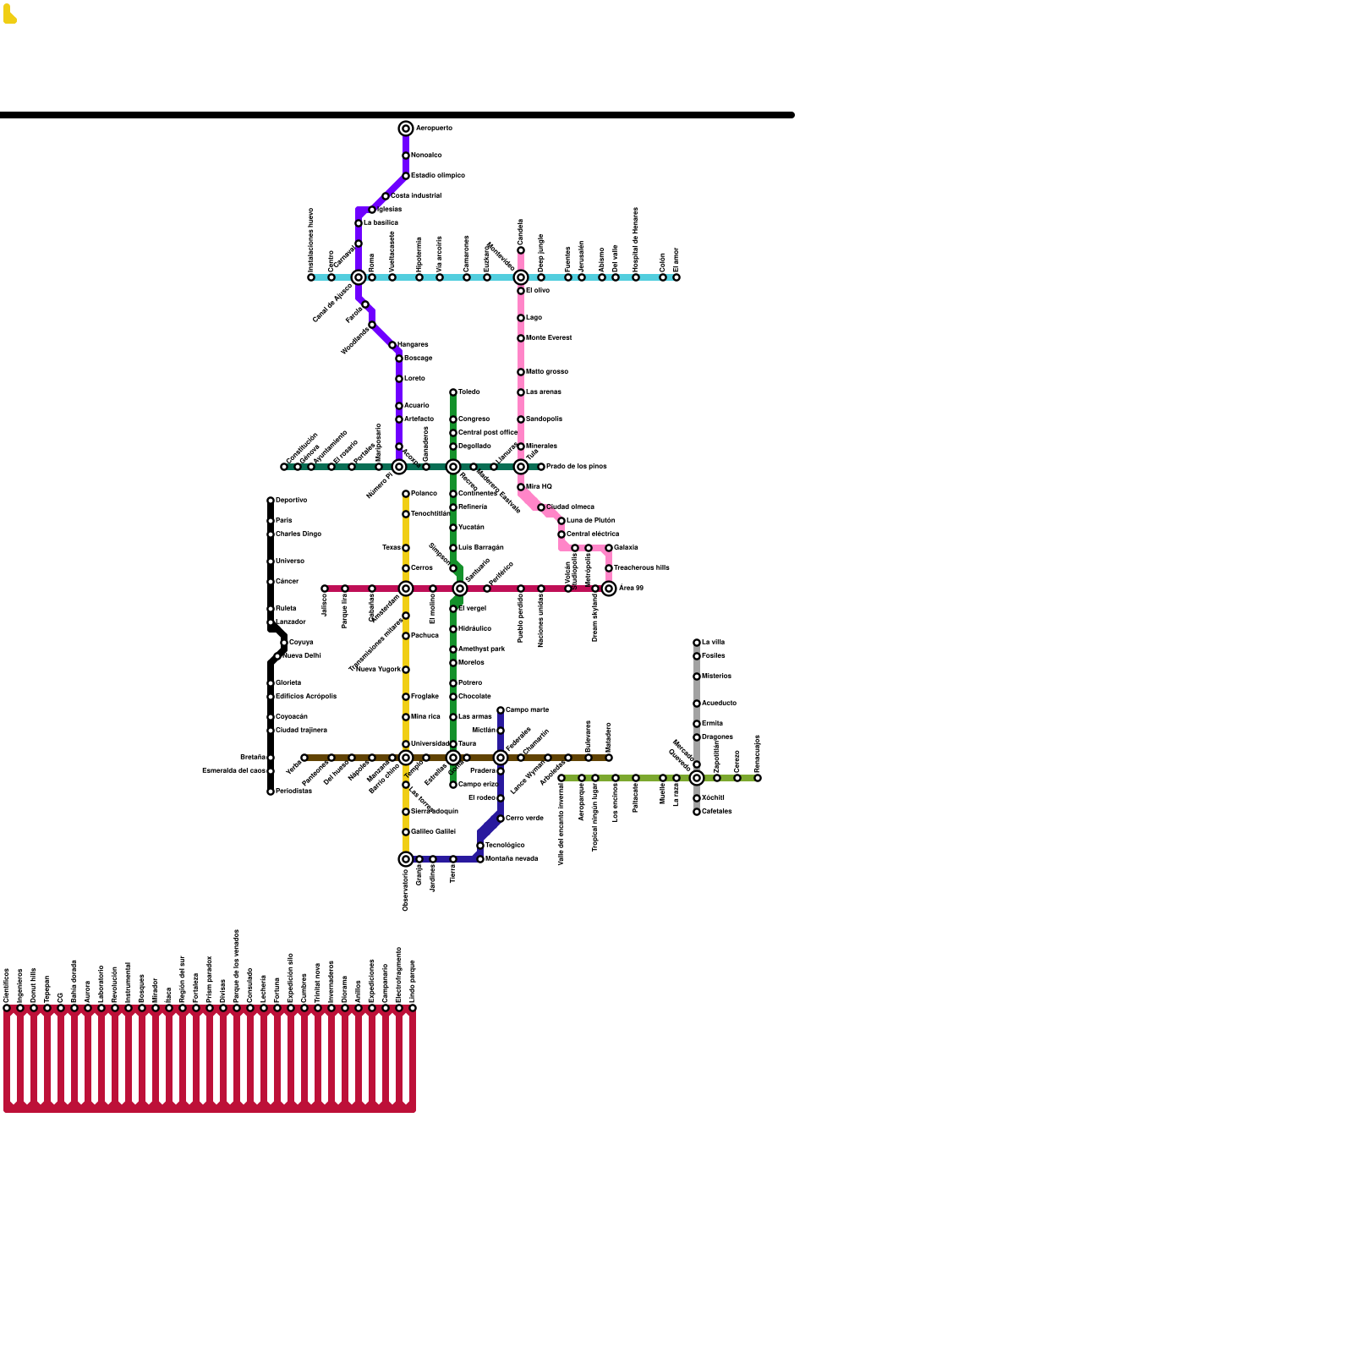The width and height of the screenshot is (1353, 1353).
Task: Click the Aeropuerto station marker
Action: (x=406, y=129)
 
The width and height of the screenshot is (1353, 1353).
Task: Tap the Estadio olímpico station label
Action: (x=438, y=176)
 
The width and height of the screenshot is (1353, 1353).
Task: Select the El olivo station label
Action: (x=538, y=291)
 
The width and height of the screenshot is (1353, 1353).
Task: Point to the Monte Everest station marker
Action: (x=521, y=338)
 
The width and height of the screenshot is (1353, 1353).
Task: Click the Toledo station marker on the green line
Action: (x=453, y=392)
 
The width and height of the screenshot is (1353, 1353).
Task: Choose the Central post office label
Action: (x=488, y=433)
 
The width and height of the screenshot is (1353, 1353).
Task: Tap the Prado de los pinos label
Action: (x=577, y=467)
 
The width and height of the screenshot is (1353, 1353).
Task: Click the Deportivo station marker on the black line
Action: (x=271, y=501)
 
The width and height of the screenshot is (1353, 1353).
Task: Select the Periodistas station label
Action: (x=293, y=792)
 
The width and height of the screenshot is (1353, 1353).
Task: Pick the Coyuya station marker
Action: (x=284, y=643)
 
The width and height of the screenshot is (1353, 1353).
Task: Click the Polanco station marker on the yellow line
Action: (x=406, y=494)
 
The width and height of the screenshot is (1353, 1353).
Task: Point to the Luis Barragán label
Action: (x=481, y=548)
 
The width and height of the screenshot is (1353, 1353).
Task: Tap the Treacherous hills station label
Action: (x=642, y=568)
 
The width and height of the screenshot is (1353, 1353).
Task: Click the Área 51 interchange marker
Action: (x=609, y=589)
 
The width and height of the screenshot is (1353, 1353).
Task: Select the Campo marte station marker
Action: (x=501, y=710)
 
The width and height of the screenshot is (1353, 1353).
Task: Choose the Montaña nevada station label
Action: (x=512, y=859)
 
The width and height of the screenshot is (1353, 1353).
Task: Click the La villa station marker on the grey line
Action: (x=697, y=643)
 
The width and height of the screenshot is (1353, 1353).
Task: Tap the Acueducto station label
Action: (x=719, y=704)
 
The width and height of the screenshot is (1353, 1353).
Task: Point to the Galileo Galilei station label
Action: (x=433, y=832)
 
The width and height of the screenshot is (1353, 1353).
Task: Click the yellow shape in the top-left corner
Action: (x=9, y=14)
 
